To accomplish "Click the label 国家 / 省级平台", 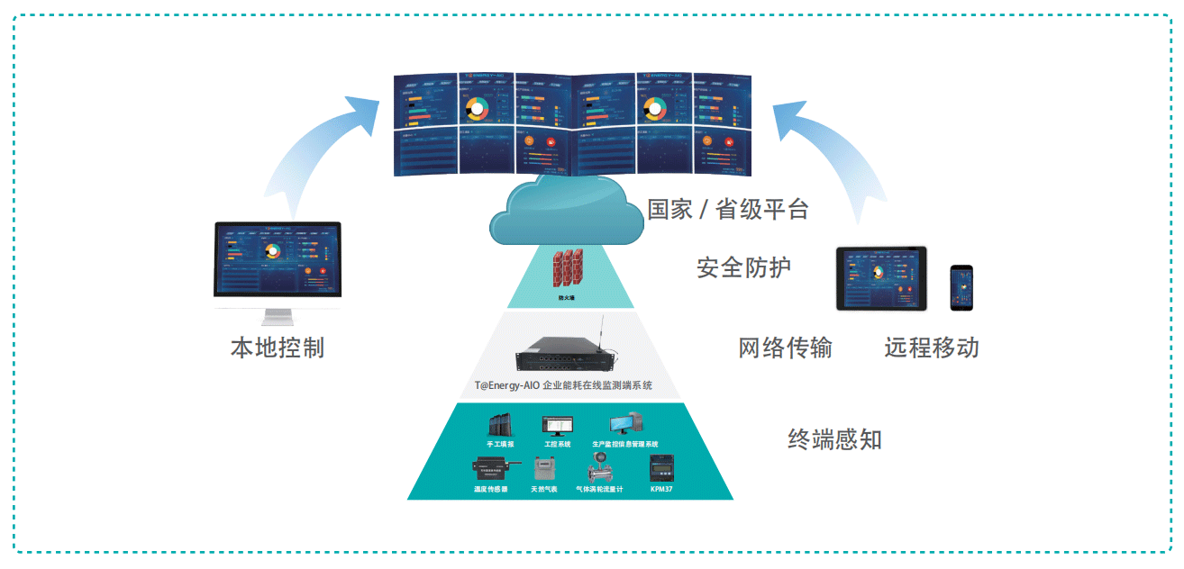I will point(728,210).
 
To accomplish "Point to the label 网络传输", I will point(785,348).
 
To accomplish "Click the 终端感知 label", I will point(834,439).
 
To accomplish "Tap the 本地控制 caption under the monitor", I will point(278,348).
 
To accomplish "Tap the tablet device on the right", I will point(881,277).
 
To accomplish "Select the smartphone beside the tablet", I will point(961,288).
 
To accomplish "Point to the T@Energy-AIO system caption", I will point(564,385).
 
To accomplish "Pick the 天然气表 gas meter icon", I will point(543,469).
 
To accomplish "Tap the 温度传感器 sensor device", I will point(493,468).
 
